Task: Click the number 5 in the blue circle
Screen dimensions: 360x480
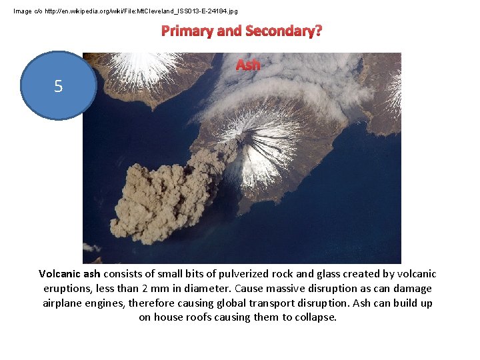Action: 59,86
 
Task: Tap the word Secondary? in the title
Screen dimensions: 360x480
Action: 283,31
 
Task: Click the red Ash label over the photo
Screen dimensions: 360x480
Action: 248,65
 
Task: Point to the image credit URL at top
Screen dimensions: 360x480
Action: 125,11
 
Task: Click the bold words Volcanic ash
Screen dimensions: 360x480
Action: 69,274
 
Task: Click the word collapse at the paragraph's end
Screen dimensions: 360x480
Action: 317,317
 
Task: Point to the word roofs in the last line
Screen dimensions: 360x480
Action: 196,317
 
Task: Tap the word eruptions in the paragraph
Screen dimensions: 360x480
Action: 69,289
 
